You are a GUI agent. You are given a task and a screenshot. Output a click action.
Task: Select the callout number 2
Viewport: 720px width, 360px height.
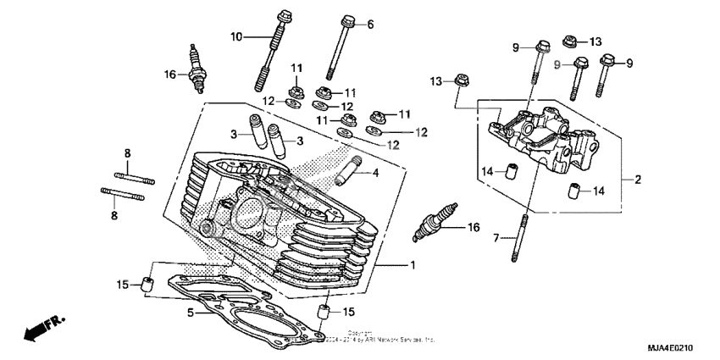coord(637,180)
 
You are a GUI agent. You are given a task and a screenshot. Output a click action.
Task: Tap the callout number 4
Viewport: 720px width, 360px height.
coord(375,174)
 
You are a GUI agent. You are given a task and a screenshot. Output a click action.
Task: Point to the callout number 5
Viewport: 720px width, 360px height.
coord(191,313)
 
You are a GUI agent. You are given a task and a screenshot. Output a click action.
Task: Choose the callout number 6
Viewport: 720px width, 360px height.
coord(369,25)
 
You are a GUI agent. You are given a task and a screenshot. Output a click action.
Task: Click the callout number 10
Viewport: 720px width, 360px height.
coord(236,36)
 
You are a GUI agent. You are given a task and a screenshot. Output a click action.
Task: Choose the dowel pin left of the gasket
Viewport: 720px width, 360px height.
coord(147,284)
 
